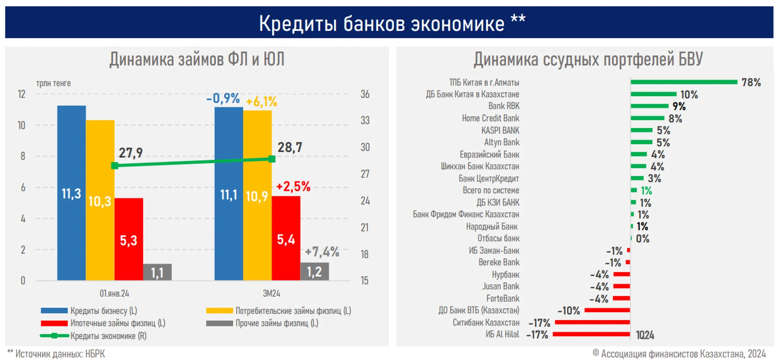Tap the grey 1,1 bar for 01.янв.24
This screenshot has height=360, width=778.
point(157,272)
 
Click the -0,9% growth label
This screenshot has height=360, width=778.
point(223,98)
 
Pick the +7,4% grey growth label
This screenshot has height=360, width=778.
point(322,252)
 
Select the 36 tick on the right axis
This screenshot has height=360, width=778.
point(365,94)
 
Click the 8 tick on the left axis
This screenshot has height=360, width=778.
point(23,156)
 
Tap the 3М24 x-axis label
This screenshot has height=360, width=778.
point(271,293)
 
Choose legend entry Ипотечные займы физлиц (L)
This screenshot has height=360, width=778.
point(117,323)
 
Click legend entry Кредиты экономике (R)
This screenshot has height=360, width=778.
point(108,336)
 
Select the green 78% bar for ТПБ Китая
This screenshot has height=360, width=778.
point(684,82)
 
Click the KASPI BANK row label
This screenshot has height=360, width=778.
point(500,130)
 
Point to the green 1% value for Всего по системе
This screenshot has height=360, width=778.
point(646,190)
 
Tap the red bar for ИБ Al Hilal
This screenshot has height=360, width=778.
point(591,334)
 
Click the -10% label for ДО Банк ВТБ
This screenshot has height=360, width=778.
point(569,311)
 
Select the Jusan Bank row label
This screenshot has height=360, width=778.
point(501,287)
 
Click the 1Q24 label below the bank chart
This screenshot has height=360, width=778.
point(645,336)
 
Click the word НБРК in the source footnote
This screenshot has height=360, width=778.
point(95,354)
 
